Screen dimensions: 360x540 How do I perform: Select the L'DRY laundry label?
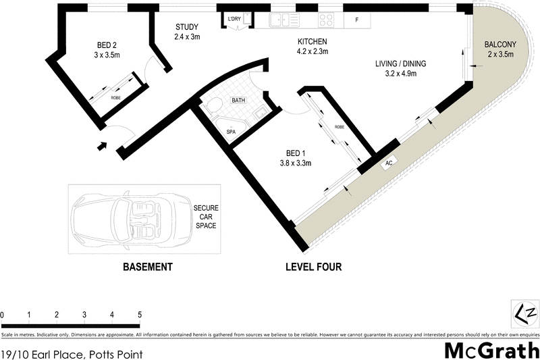tap(235, 18)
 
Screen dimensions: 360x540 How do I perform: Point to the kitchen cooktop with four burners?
tap(326, 20)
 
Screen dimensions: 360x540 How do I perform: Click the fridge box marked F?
tap(356, 20)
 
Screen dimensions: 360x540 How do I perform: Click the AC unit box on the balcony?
tap(389, 163)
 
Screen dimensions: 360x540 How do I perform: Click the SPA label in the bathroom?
tap(231, 131)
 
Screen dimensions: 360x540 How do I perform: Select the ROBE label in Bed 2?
tap(116, 98)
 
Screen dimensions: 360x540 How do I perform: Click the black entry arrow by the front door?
tap(102, 145)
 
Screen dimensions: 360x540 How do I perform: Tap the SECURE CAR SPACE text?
tap(206, 216)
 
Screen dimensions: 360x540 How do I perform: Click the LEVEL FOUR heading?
tap(314, 267)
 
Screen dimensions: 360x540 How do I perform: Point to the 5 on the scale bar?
tap(139, 315)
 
